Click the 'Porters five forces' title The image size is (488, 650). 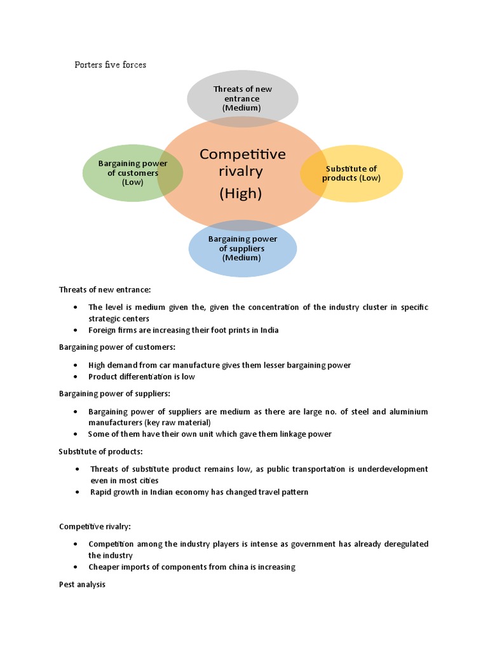pyautogui.click(x=111, y=65)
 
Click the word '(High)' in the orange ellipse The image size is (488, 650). pyautogui.click(x=241, y=194)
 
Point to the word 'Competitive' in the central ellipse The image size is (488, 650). pyautogui.click(x=242, y=154)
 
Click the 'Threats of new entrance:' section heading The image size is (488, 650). pyautogui.click(x=105, y=289)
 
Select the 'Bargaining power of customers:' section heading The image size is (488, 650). pyautogui.click(x=117, y=347)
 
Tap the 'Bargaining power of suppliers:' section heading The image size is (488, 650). pyautogui.click(x=114, y=394)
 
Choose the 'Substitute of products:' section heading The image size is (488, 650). pyautogui.click(x=101, y=451)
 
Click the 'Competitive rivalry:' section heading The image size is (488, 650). pyautogui.click(x=95, y=526)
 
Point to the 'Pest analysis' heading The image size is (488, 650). pyautogui.click(x=82, y=584)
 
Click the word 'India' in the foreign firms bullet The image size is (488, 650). pyautogui.click(x=268, y=330)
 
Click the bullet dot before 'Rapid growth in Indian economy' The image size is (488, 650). pyautogui.click(x=77, y=492)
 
